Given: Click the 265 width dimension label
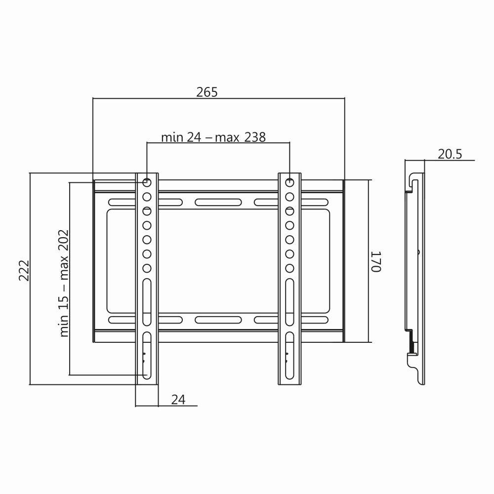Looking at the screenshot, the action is (x=207, y=92).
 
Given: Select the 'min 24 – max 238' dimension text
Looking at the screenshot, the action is (x=213, y=137).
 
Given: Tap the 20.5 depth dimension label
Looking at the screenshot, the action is (x=450, y=154).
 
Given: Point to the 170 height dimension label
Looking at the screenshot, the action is (x=376, y=261).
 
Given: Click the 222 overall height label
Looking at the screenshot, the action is (x=24, y=270).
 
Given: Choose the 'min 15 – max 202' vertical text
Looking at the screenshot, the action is (x=64, y=283).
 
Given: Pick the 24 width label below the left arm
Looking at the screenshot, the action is (x=178, y=400).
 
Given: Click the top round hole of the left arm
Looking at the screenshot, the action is (x=147, y=182).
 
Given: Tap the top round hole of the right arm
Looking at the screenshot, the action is (x=289, y=182).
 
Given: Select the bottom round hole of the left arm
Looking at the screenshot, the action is (x=147, y=268).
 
